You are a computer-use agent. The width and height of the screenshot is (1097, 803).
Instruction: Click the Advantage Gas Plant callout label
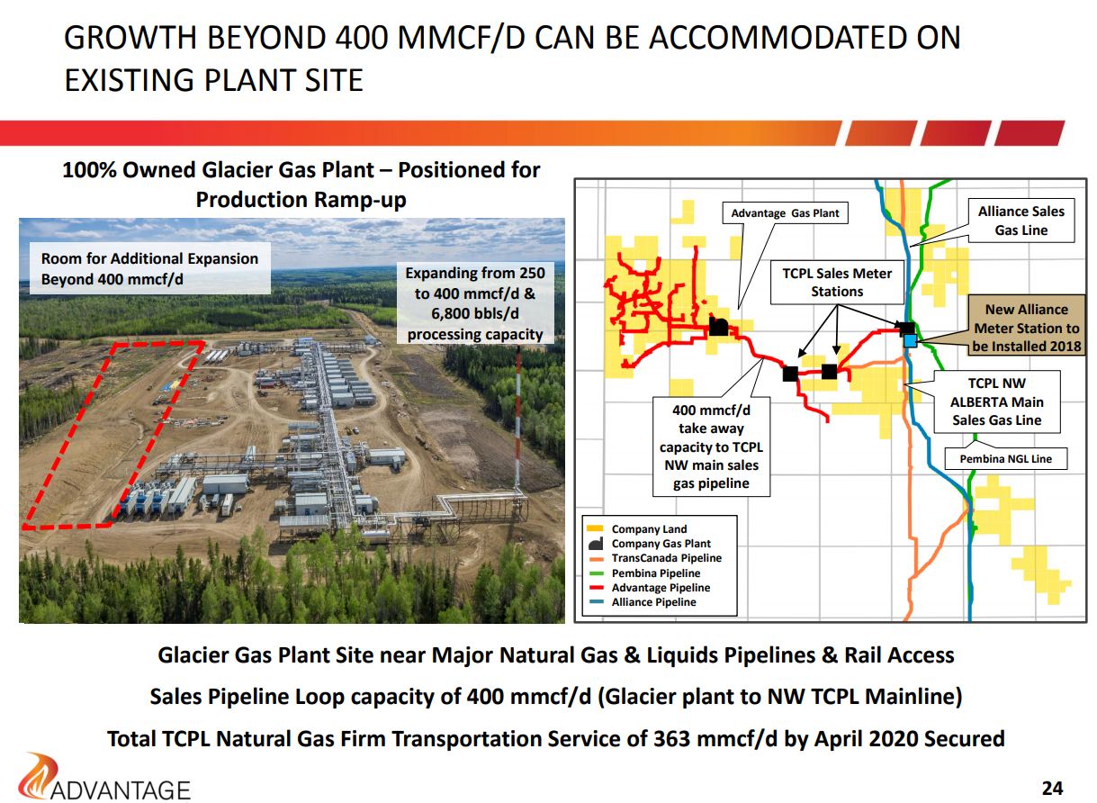click(x=785, y=213)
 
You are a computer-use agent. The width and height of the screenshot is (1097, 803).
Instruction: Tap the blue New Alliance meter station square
click(x=910, y=340)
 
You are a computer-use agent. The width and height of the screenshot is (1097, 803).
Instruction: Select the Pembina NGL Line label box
click(x=1005, y=458)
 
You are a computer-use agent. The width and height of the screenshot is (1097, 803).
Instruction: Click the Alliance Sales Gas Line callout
click(x=1021, y=221)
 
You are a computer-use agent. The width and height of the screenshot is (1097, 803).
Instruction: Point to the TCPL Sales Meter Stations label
click(x=837, y=282)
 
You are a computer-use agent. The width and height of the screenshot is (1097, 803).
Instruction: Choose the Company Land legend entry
click(x=637, y=529)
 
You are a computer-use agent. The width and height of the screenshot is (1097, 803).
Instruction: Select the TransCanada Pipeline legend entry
click(x=655, y=558)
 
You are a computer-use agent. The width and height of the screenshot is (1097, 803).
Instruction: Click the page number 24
click(x=1052, y=789)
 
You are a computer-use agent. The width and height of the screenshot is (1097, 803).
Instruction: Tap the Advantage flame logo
click(x=38, y=775)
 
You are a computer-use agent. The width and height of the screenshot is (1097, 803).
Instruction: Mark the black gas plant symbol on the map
click(x=718, y=326)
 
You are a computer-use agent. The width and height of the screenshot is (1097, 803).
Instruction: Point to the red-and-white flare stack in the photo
click(x=518, y=417)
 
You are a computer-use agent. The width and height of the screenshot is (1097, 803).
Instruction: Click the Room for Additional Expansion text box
click(x=150, y=268)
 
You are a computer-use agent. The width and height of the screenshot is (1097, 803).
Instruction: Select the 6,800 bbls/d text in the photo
click(x=474, y=313)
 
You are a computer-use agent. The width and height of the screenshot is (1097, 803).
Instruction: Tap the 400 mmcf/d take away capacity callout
click(x=711, y=447)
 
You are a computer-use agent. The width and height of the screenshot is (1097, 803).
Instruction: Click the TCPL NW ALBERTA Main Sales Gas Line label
click(x=996, y=401)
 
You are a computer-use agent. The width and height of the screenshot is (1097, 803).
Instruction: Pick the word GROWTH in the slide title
click(x=130, y=38)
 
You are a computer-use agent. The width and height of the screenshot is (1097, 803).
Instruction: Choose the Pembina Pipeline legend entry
click(x=644, y=573)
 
